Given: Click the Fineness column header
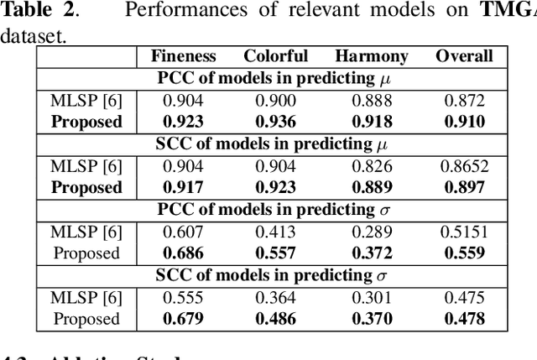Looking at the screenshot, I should (184, 57).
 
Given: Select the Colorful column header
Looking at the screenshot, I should (276, 57).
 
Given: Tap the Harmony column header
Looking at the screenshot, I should (372, 57).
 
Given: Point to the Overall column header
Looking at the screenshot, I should (464, 57).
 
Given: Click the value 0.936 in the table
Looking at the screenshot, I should (276, 122).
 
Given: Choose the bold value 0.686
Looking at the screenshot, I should (184, 253).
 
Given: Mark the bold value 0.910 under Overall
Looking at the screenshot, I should (464, 122).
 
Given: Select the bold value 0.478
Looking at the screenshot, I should (464, 319).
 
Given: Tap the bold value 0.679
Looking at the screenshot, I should (184, 319).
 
